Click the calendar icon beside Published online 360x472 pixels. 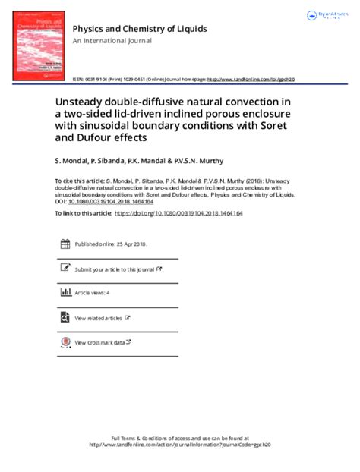pyautogui.click(x=65, y=244)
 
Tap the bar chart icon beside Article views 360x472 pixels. pyautogui.click(x=65, y=292)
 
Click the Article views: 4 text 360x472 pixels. pyautogui.click(x=92, y=292)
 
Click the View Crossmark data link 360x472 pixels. pyautogui.click(x=102, y=343)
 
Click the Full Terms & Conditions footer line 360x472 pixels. pyautogui.click(x=179, y=439)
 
